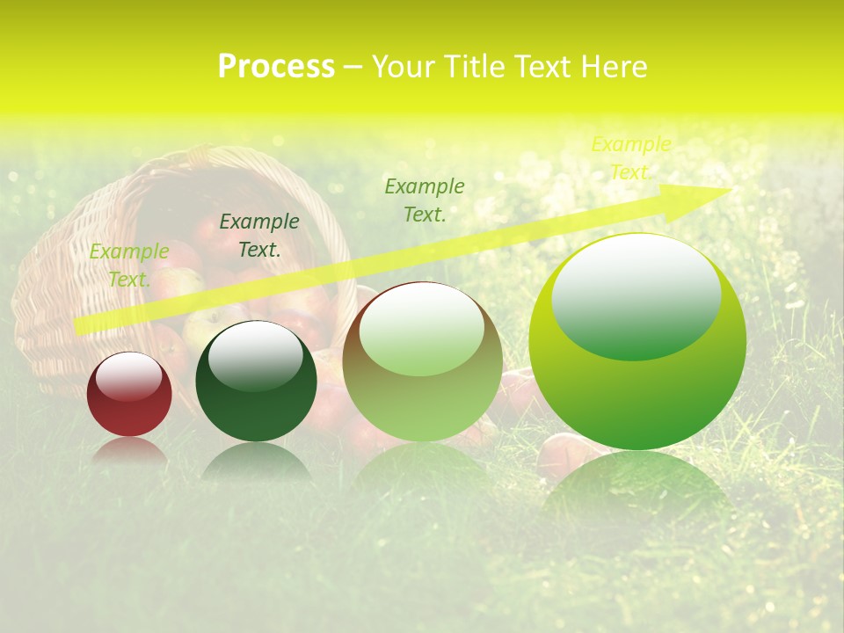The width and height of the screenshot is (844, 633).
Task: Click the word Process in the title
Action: (x=276, y=67)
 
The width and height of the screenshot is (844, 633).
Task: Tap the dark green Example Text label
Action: (x=258, y=236)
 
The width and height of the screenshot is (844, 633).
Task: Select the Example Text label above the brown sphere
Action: (x=425, y=200)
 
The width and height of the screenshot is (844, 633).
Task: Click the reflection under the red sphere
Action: (x=129, y=450)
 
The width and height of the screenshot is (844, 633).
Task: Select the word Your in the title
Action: (x=406, y=67)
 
